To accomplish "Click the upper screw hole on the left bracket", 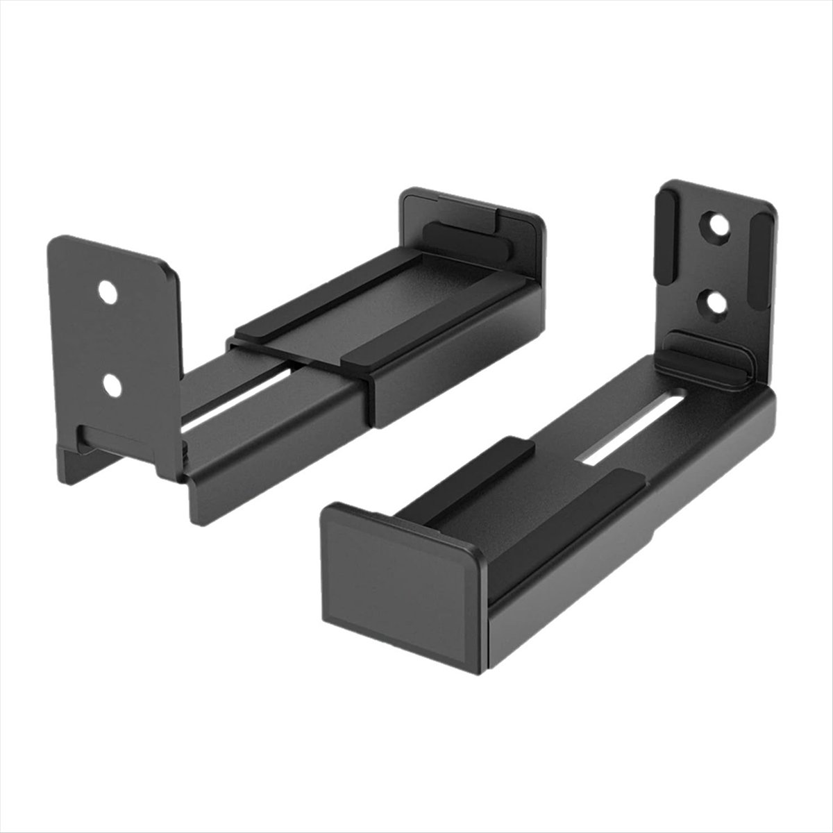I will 107,292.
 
